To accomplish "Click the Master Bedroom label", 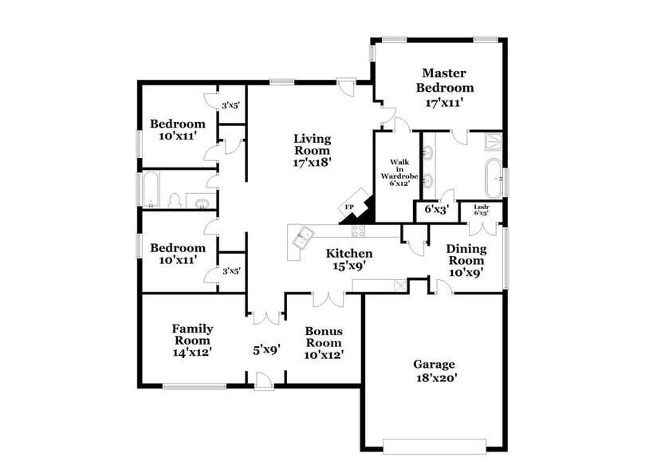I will click(448, 80).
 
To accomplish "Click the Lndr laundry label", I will click(481, 210).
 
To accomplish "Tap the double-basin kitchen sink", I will click(302, 236).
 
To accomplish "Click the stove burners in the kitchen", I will click(358, 231).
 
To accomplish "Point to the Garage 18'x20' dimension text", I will click(435, 379).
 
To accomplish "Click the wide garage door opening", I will click(435, 444).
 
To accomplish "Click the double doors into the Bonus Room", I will click(328, 299).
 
